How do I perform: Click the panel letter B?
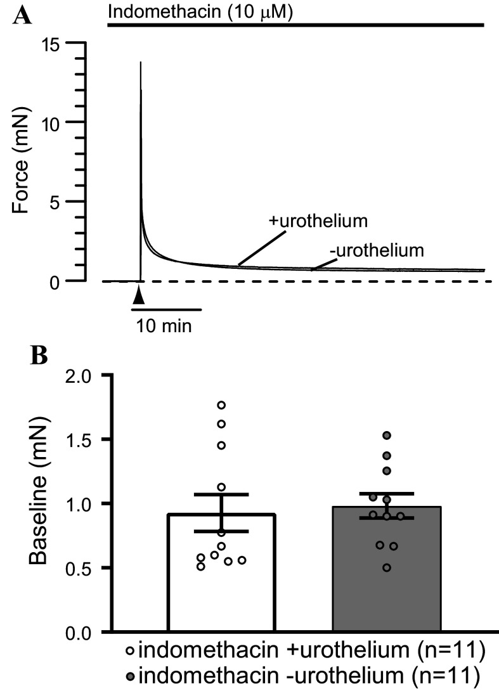39,354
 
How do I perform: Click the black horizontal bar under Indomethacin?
295,25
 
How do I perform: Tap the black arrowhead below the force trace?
140,295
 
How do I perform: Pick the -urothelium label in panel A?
375,250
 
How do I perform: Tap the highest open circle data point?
221,405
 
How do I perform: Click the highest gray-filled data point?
386,435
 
